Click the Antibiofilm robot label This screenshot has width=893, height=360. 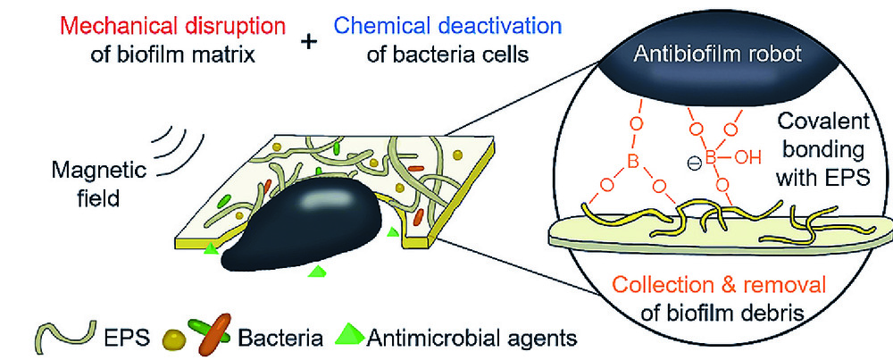(x=721, y=55)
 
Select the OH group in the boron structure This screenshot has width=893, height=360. (x=748, y=158)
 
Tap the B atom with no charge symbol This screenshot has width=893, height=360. (x=632, y=163)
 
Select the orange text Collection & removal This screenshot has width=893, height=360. (x=719, y=284)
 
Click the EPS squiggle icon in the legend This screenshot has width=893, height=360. (x=63, y=336)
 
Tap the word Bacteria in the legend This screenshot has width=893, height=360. (x=280, y=339)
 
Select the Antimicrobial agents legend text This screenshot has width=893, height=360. (x=471, y=339)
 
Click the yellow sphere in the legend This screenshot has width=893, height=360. (x=176, y=339)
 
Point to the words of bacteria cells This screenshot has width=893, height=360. (x=449, y=56)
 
